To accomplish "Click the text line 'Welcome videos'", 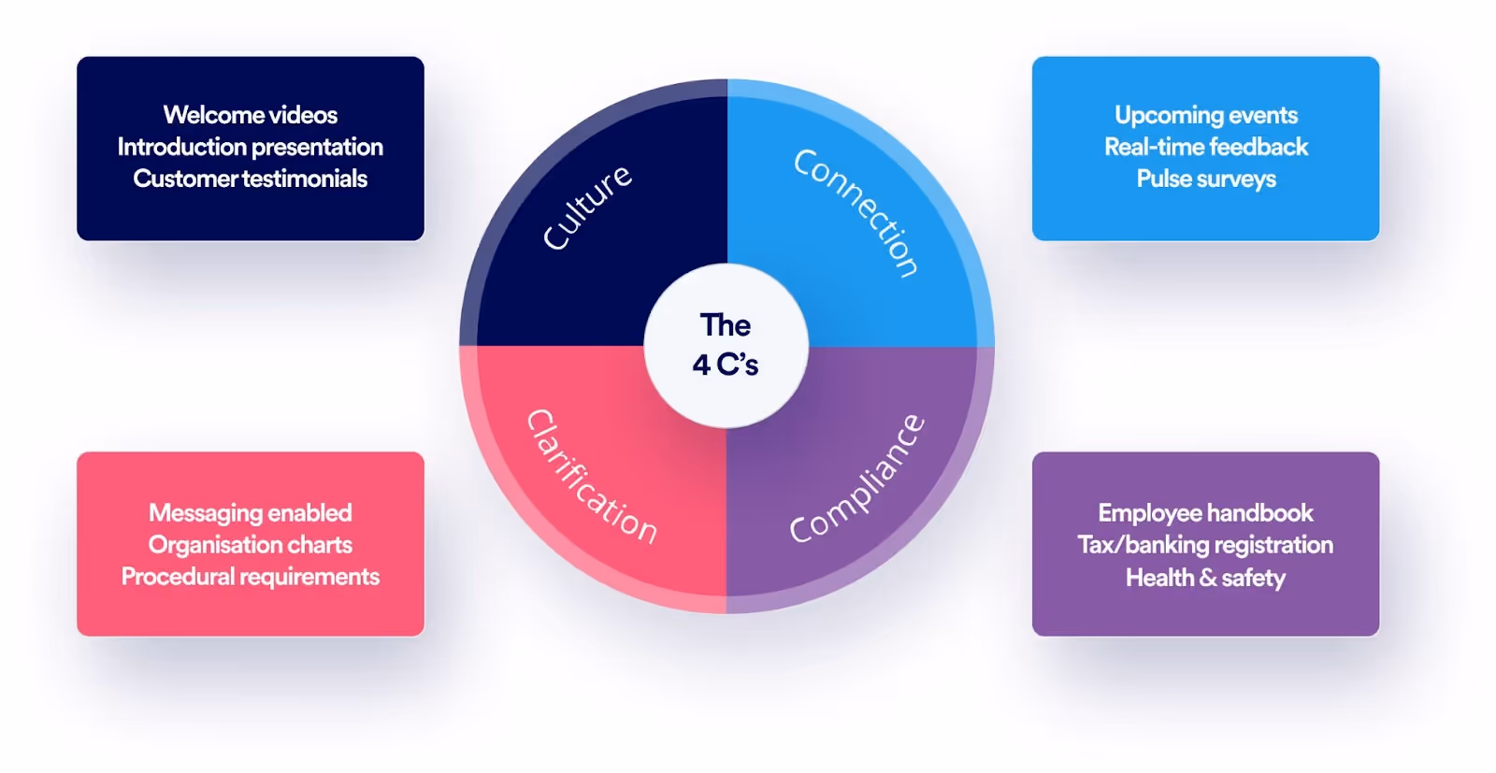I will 251,115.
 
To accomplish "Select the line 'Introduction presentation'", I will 251,147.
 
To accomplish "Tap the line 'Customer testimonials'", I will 251,179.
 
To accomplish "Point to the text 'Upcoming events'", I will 1206,115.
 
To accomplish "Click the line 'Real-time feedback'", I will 1206,147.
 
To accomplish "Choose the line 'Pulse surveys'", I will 1206,179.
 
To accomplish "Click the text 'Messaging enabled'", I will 251,513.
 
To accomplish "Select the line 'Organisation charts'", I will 251,545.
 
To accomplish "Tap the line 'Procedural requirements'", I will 251,577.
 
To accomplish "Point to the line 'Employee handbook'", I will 1205,513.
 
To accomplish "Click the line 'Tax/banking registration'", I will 1205,545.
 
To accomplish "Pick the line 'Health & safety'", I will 1205,578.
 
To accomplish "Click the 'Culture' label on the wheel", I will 587,208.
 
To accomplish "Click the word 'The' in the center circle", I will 726,325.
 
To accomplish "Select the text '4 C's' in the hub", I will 726,365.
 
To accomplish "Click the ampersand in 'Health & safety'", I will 1208,579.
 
